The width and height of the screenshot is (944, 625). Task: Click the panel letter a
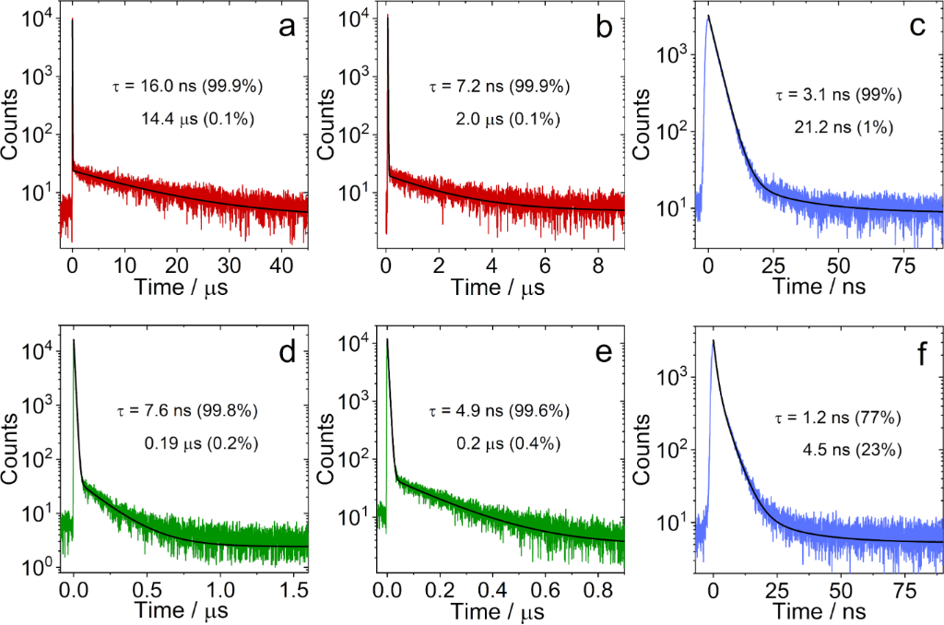pyautogui.click(x=288, y=29)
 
